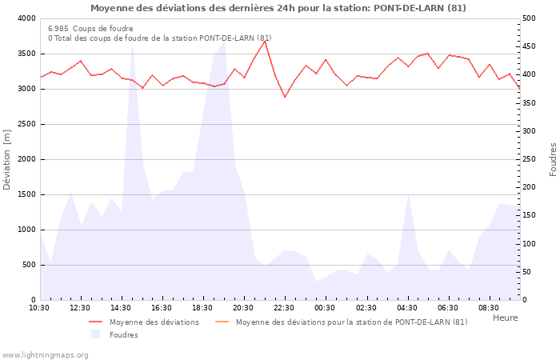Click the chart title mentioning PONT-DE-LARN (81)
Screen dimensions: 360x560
click(x=278, y=8)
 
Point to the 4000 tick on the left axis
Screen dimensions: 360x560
click(x=26, y=18)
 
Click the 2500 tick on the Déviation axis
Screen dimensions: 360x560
click(x=26, y=124)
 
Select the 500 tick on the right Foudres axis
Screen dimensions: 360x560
click(x=532, y=18)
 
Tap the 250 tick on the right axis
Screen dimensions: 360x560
click(x=532, y=159)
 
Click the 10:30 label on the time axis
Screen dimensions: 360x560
click(x=39, y=308)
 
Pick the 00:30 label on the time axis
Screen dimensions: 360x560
click(x=325, y=308)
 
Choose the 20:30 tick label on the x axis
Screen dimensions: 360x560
click(x=243, y=308)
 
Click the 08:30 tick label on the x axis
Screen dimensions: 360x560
click(x=488, y=308)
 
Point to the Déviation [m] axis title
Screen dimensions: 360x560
click(x=8, y=159)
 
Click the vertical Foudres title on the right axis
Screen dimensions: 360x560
click(x=553, y=159)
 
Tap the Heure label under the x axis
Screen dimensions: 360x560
click(x=505, y=318)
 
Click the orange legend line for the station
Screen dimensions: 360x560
click(x=222, y=322)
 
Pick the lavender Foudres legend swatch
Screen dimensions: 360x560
click(x=96, y=334)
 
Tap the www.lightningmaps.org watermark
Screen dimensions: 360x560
click(x=46, y=354)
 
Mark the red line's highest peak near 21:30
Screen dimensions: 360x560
click(x=265, y=41)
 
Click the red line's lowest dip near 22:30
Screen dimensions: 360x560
click(x=285, y=98)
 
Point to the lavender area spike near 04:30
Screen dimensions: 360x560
click(x=408, y=194)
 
